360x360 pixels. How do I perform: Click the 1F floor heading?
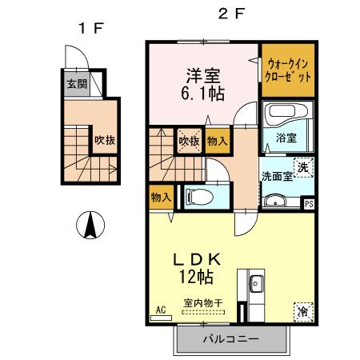coord(90,30)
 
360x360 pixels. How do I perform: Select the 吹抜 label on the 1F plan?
coord(106,140)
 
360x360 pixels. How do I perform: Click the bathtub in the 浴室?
coord(282,121)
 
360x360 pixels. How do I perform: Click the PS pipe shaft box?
coord(309,203)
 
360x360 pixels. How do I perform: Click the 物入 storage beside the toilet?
coord(160,195)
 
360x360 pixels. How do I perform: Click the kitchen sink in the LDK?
coord(257,282)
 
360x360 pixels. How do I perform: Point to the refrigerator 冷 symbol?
coord(303,309)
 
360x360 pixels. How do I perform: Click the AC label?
coord(159,309)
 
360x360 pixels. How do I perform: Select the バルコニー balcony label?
coord(230,339)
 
